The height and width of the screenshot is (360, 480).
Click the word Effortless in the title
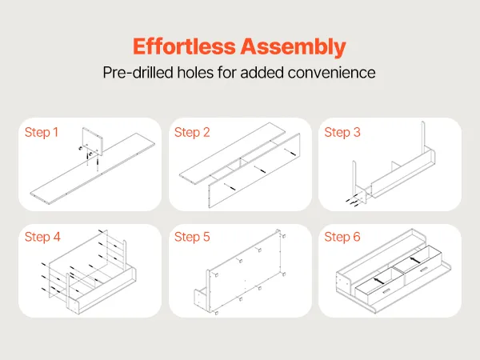coord(184,46)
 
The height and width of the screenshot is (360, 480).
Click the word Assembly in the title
coord(293,47)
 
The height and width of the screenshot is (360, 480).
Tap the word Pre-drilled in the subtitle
coord(138,73)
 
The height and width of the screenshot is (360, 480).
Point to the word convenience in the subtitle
coord(331,73)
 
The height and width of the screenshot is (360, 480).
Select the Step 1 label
coord(42,132)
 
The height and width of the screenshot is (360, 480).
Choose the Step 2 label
coord(192,132)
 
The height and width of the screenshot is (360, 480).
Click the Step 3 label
coord(342,132)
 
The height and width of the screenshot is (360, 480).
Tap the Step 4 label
coord(42,237)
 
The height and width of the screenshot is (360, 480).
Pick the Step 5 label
coord(192,237)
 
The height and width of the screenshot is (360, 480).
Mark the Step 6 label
coord(342,237)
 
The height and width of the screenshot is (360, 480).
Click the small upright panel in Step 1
coord(93,140)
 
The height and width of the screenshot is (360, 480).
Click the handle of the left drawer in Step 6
coord(386,290)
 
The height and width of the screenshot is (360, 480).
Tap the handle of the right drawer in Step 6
coord(424,270)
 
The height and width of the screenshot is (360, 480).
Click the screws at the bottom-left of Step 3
coord(352,201)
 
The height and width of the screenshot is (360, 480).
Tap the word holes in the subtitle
coord(195,73)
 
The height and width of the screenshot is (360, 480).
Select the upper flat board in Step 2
coord(232,154)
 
